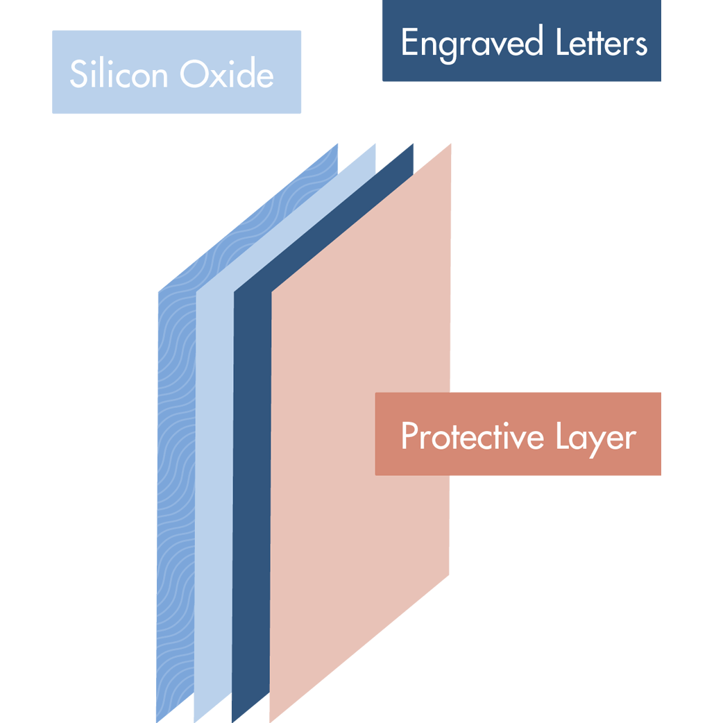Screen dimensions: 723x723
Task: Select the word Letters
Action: pos(601,43)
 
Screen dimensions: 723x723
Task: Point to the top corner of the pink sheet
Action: pos(451,144)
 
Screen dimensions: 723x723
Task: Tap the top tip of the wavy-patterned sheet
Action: pos(337,144)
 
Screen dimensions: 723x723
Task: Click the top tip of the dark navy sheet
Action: pos(413,144)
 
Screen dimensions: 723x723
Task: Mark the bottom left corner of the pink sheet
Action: pos(270,721)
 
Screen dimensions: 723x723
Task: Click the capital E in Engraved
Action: pos(409,43)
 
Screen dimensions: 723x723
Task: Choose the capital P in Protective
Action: pos(408,436)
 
